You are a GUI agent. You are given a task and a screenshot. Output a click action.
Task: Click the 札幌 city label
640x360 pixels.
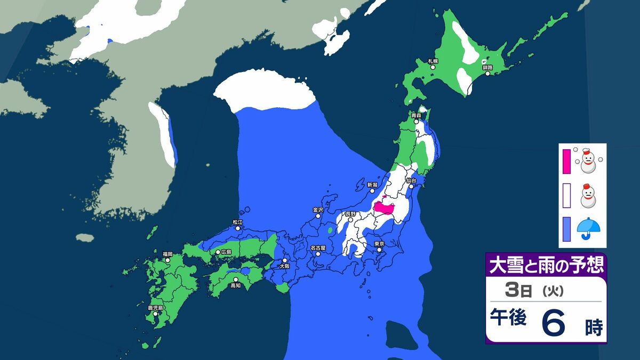[x=433, y=61]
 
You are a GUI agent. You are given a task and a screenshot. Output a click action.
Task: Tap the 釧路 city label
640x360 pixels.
[x=487, y=68]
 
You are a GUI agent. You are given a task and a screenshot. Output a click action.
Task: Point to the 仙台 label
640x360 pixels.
[x=410, y=181]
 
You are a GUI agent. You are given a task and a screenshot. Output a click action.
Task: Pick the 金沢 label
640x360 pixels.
[x=318, y=210]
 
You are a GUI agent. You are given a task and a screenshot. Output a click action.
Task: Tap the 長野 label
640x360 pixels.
[x=350, y=213]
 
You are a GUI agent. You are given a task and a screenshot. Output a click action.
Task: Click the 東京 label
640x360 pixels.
[x=379, y=244]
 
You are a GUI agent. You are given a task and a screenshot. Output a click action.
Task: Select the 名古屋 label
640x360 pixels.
[x=318, y=247]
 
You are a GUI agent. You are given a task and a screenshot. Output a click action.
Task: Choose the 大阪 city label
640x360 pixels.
[x=284, y=265]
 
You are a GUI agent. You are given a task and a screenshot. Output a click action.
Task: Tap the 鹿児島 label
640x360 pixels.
[x=156, y=308]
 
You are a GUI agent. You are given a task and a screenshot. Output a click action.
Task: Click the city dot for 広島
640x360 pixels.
[x=218, y=252]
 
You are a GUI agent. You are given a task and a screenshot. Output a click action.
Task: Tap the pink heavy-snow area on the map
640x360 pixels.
[x=383, y=207]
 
